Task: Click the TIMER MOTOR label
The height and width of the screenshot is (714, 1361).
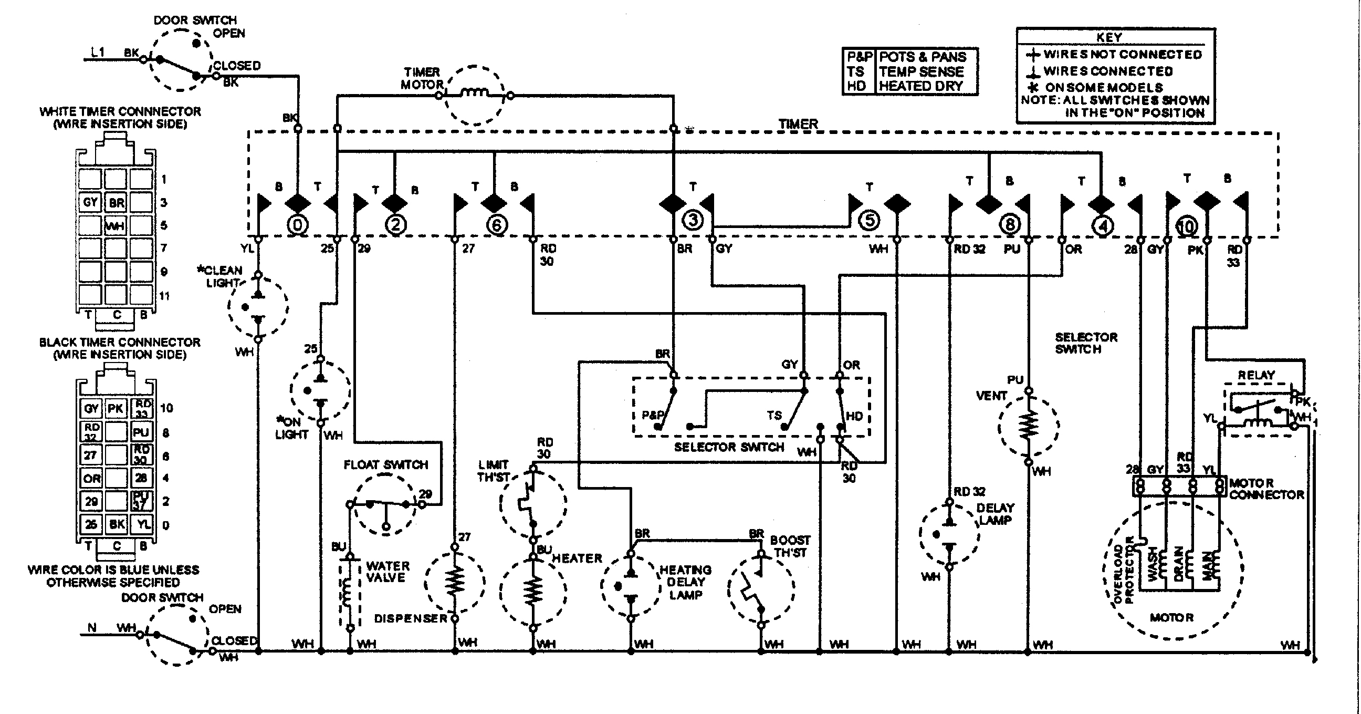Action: pyautogui.click(x=422, y=78)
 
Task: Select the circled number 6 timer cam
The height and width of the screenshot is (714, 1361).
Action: pyautogui.click(x=496, y=225)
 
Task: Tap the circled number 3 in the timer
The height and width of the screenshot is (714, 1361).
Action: pyautogui.click(x=693, y=220)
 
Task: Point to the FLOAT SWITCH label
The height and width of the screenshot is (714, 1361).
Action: pyautogui.click(x=386, y=464)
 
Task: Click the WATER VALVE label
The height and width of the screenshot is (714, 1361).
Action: pyautogui.click(x=388, y=572)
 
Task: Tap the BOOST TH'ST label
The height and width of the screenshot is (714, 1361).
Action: pyautogui.click(x=789, y=546)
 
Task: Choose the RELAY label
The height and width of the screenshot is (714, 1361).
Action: pyautogui.click(x=1257, y=375)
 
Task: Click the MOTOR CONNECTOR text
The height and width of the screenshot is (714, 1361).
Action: pyautogui.click(x=1266, y=489)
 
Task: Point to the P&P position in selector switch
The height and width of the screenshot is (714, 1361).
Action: pyautogui.click(x=652, y=416)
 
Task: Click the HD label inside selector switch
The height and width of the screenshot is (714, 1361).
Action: pyautogui.click(x=854, y=416)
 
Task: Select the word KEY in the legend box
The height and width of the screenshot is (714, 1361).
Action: pyautogui.click(x=1109, y=37)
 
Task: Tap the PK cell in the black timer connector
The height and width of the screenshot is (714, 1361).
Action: pyautogui.click(x=116, y=408)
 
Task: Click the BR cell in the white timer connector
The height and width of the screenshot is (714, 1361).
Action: pyautogui.click(x=117, y=202)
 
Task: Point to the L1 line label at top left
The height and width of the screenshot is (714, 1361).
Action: pyautogui.click(x=98, y=52)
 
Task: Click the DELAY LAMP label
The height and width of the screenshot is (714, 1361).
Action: pyautogui.click(x=995, y=514)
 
